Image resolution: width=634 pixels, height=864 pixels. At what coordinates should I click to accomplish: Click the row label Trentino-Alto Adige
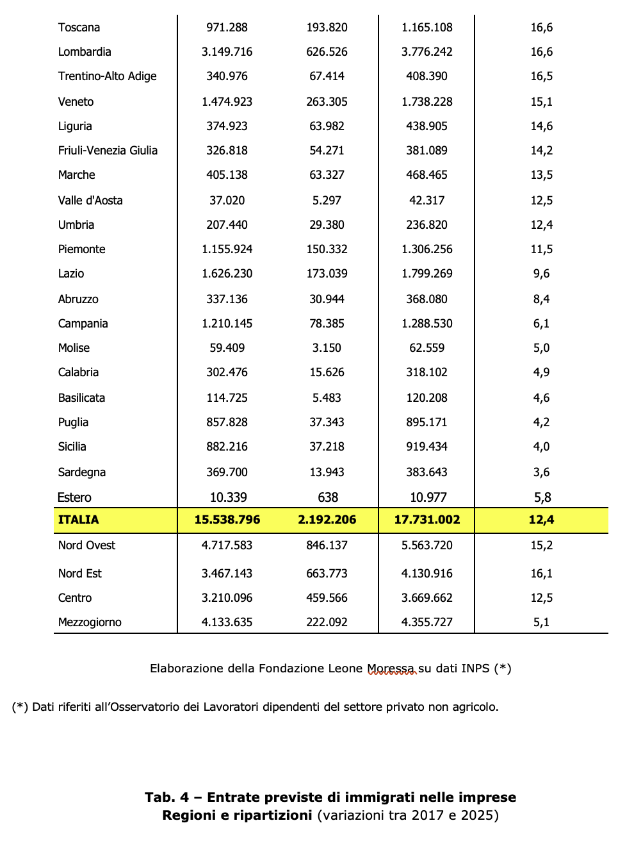click(107, 76)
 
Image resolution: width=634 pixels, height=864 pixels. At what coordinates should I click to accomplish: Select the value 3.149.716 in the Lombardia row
click(227, 52)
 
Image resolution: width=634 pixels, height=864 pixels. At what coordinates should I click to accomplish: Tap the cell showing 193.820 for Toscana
click(327, 28)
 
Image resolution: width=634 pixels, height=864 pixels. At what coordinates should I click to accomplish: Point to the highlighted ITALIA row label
click(78, 520)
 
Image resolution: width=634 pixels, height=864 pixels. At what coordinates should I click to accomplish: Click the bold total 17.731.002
click(427, 520)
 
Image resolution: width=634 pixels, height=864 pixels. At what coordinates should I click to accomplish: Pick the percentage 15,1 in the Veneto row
click(541, 102)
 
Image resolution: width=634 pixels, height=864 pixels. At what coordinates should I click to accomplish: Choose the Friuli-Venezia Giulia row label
click(108, 151)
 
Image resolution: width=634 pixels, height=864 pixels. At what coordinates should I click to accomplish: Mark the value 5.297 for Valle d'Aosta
click(327, 201)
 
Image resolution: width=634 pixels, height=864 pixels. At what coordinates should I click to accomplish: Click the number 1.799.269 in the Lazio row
click(427, 274)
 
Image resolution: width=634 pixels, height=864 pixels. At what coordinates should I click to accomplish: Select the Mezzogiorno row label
click(90, 622)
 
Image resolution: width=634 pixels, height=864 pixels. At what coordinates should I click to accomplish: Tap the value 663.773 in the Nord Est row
click(327, 574)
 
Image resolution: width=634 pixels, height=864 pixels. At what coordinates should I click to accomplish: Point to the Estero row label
click(74, 497)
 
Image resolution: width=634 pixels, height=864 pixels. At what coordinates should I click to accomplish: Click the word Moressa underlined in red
click(391, 669)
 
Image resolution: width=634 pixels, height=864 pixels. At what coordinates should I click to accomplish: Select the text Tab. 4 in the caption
click(167, 797)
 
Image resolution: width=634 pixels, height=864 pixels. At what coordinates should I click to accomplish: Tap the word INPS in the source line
click(475, 669)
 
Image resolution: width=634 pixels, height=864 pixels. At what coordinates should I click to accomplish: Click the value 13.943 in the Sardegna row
click(327, 472)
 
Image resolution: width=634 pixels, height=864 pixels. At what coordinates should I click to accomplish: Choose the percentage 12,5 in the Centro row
click(541, 598)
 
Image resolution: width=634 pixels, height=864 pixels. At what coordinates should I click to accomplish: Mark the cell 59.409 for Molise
click(227, 348)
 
